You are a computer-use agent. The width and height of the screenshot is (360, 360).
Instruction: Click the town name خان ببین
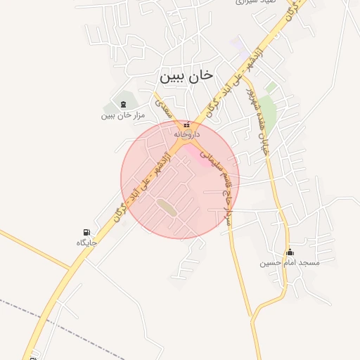(186, 74)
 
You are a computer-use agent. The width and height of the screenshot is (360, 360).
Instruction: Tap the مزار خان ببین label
(122, 115)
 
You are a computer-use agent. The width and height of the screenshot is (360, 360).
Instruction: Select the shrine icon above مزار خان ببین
(124, 104)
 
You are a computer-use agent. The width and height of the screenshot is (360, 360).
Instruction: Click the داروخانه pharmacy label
(186, 134)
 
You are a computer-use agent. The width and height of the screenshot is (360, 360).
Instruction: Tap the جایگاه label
(86, 243)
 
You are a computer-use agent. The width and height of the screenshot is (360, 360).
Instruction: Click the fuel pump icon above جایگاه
(86, 233)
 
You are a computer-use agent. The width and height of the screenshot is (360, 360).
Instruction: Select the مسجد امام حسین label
(289, 262)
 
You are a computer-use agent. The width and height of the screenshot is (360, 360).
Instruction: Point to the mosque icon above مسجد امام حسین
(289, 252)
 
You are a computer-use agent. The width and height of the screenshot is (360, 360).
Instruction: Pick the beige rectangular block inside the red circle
(167, 207)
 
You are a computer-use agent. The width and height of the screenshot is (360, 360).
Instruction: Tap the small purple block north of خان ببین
(241, 50)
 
